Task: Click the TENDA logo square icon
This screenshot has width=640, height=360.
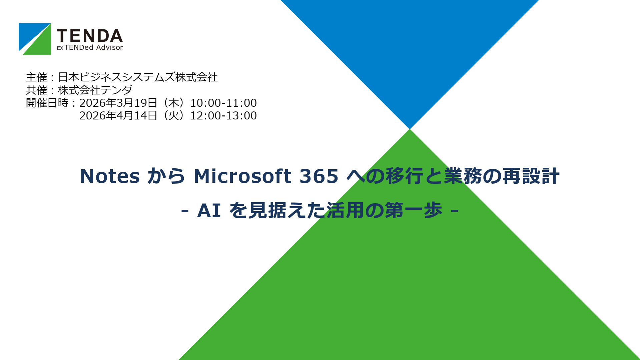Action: point(35,39)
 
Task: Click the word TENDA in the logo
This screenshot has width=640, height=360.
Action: point(90,36)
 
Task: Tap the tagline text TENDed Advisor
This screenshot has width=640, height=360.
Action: point(94,48)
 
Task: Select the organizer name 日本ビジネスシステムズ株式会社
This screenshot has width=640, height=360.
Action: point(138,77)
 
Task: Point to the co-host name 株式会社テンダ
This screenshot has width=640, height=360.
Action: point(95,90)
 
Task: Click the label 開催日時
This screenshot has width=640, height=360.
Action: point(47,103)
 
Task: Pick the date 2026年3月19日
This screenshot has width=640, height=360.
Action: point(118,103)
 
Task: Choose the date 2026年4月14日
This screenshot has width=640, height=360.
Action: point(118,115)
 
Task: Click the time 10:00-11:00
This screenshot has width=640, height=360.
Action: point(223,103)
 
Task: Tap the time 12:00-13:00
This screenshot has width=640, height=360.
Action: point(223,115)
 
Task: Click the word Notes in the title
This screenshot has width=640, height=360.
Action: point(110,176)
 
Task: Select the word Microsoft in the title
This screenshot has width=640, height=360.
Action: point(243,176)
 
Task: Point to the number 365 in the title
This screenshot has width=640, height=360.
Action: point(319,176)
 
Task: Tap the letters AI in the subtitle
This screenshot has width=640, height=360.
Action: point(209,211)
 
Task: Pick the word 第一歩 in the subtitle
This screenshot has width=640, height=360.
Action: point(414,211)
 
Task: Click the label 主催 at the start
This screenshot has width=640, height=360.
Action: point(37,77)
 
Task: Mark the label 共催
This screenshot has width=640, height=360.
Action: point(37,90)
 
